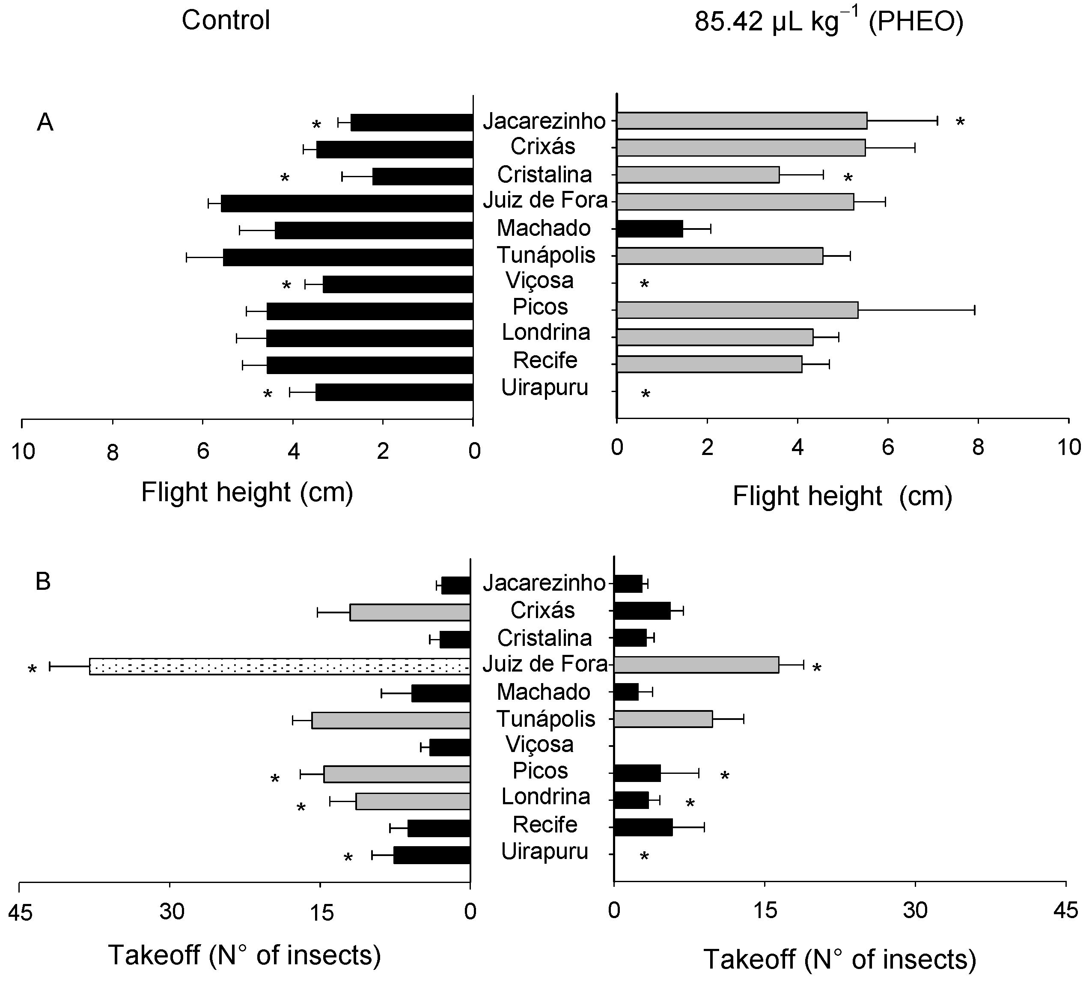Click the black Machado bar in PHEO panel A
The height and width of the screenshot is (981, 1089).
click(650, 229)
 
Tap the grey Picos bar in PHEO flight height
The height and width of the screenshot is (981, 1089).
click(737, 310)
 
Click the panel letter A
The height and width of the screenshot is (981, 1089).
click(45, 123)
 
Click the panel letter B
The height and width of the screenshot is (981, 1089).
click(43, 582)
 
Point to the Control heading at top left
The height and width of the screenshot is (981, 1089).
click(225, 21)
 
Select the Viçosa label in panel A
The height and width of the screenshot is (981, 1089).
click(539, 280)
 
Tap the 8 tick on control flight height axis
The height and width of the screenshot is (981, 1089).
click(112, 453)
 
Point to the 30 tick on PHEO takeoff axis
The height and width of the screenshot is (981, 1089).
click(915, 910)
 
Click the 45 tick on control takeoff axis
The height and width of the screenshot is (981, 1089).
click(21, 911)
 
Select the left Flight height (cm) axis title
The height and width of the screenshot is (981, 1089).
click(247, 492)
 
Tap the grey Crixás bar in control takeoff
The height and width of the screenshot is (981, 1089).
click(410, 612)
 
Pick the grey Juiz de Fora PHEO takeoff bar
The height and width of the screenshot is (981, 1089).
click(696, 665)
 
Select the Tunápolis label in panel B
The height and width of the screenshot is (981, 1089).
click(546, 719)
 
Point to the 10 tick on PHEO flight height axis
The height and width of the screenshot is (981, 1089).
click(1068, 447)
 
